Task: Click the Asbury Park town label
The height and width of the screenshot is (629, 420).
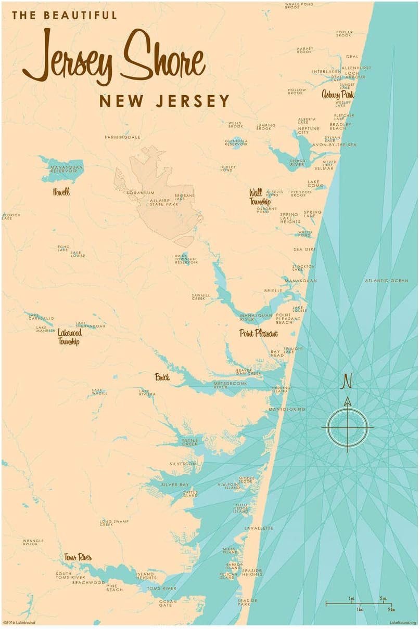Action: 337,95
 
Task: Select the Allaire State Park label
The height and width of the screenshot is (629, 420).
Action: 164,202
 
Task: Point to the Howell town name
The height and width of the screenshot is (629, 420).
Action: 61,192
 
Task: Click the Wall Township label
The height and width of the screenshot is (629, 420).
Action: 260,197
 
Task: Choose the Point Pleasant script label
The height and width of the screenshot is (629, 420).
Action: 258,333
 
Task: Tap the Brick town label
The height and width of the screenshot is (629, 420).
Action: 162,377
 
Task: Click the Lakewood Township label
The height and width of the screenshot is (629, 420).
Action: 69,337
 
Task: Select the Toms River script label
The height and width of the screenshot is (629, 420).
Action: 78,558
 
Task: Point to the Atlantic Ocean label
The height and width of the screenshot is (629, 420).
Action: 386,281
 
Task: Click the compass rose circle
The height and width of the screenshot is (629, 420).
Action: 347,428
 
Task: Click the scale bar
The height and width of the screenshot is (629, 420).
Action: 359,604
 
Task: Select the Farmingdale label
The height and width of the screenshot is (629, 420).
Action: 123,137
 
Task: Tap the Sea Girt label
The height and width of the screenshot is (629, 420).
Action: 304,250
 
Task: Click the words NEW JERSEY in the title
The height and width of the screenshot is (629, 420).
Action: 164,101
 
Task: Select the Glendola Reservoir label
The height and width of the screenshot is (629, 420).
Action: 236,142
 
